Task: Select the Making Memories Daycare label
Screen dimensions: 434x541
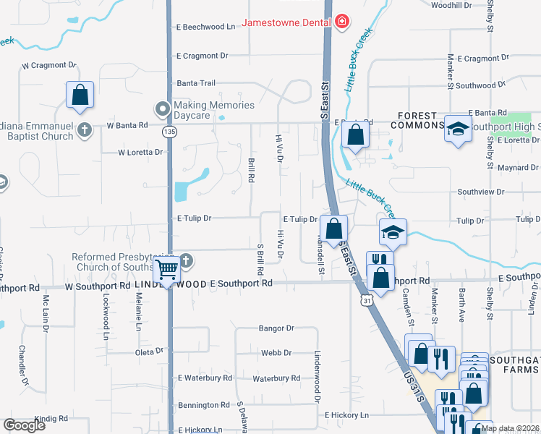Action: coord(214,110)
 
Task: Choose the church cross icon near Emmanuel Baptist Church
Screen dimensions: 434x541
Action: coord(85,130)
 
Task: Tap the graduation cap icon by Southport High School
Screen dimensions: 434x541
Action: coord(457,129)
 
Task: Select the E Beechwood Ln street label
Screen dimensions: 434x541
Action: coord(206,27)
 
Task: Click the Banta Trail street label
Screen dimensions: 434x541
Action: coord(196,83)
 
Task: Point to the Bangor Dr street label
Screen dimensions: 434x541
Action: coord(276,328)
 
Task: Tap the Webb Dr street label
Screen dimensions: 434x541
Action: coord(276,353)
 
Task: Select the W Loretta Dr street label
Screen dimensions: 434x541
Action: coord(140,153)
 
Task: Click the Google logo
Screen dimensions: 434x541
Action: coord(25,425)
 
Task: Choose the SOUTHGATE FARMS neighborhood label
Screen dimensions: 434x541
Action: coord(514,365)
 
